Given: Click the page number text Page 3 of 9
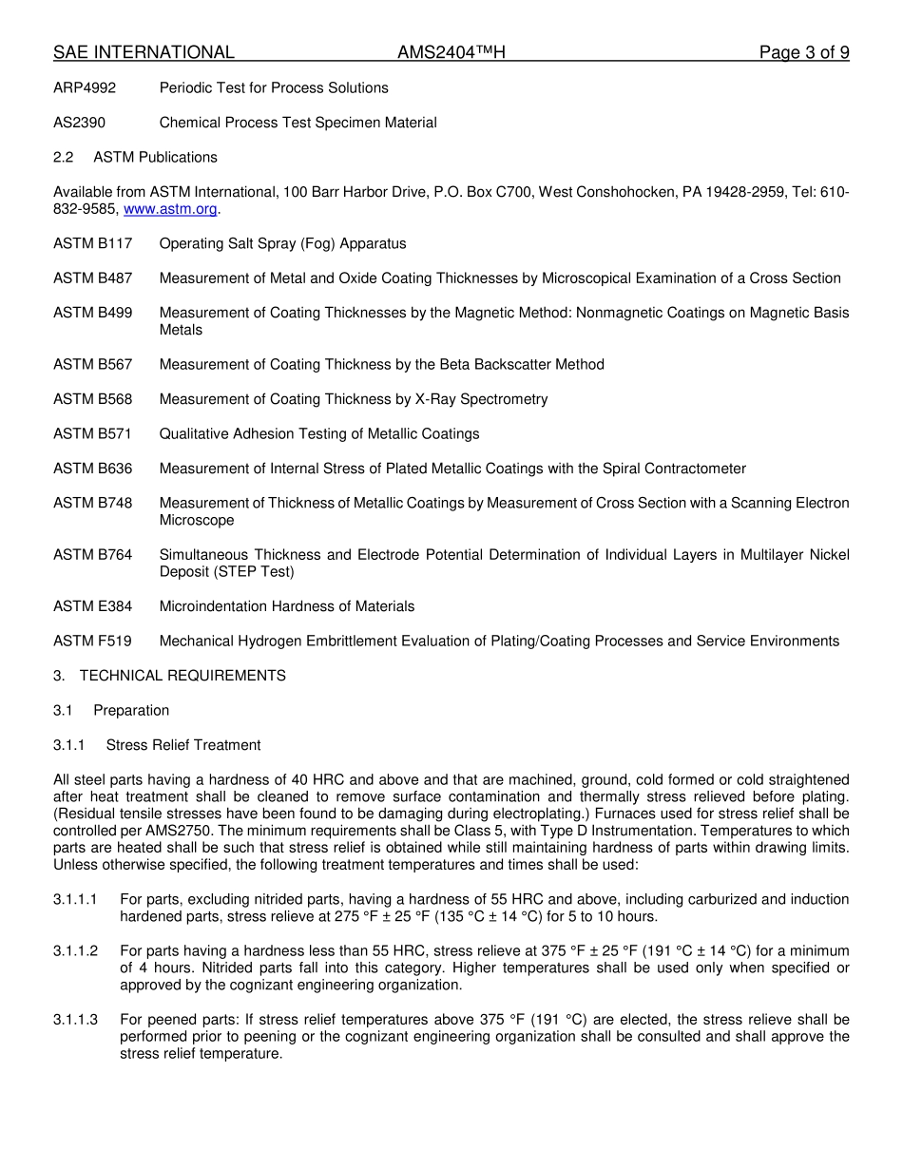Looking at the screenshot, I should coord(803,53).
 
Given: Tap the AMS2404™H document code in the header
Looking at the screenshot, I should coord(451,53).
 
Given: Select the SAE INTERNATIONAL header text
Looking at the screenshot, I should coord(144,53).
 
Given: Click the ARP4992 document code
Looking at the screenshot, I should coord(85,88).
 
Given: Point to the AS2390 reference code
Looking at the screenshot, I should coord(79,123).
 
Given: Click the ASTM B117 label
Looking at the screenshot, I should coord(92,244).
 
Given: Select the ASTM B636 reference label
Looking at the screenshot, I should coord(92,469).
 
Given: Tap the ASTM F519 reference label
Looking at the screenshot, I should coord(92,642).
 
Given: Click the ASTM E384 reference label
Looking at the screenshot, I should coord(92,606).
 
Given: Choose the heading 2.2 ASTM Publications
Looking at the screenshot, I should coord(135,158).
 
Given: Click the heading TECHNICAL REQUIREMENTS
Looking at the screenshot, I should coord(182,676).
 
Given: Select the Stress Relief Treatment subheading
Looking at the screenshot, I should coord(183,745).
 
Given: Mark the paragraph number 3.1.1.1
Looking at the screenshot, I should coord(75,900).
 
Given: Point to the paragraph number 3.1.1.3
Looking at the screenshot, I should coord(75,1021).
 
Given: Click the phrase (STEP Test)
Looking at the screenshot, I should coord(254,572).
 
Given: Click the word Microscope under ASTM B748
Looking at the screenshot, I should coord(196,521).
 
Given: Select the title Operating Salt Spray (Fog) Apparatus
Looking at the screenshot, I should coord(282,244).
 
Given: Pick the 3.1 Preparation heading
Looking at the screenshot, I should coord(111,711).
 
